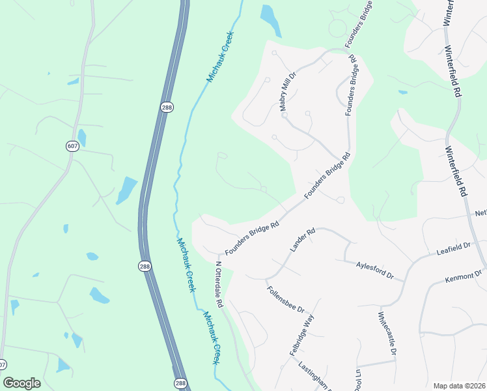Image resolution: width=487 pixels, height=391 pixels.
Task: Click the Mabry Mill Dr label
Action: pos(288,93)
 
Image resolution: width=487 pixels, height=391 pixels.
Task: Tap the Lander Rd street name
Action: pos(302,240)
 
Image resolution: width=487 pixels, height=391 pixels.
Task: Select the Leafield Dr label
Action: pos(454,248)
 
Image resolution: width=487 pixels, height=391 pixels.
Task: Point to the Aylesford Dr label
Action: pos(376,270)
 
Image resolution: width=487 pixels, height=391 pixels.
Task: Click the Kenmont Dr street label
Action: pos(463,276)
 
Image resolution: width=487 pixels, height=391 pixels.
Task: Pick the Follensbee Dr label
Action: pos(286,298)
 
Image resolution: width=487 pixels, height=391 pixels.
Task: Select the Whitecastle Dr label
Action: pos(387,334)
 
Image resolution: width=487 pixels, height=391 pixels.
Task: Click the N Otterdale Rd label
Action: pos(219,285)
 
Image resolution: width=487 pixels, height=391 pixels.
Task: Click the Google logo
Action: pos(21,383)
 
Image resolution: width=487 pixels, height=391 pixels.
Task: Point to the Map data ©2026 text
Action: pos(459,386)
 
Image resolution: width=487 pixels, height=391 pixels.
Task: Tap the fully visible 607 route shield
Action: pos(72,146)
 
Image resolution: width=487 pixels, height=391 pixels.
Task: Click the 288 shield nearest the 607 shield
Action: pos(166,107)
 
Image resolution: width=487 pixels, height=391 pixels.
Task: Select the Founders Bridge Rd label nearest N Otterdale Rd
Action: pos(252,239)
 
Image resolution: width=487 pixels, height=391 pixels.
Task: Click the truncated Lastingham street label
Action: pos(311,377)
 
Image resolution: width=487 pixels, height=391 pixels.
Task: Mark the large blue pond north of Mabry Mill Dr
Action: pos(270,20)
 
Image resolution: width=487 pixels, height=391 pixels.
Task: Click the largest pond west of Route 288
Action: pos(126,190)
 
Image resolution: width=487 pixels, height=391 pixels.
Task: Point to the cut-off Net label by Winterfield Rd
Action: pos(480,213)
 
